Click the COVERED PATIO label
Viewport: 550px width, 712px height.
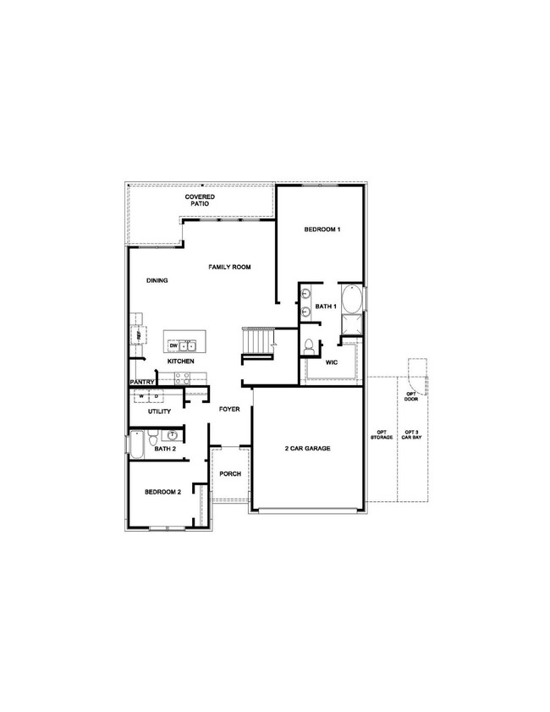click(200, 200)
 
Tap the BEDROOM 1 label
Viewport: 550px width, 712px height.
click(322, 230)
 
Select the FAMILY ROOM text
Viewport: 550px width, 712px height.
click(229, 268)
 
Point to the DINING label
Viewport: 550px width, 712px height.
click(157, 281)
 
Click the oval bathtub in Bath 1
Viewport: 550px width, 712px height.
click(354, 300)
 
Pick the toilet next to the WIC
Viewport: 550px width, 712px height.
click(310, 346)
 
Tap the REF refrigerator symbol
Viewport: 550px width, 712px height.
click(135, 334)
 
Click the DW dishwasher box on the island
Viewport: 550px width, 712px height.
click(173, 345)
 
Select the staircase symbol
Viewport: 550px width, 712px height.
click(258, 342)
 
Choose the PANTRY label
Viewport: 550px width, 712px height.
click(140, 382)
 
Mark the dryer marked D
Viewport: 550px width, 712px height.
click(157, 395)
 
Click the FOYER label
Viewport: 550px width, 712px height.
click(229, 410)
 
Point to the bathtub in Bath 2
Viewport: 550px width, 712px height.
click(136, 444)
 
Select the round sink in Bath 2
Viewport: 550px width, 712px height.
click(172, 435)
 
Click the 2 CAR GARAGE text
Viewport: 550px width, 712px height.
click(307, 448)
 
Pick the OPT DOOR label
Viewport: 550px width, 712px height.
click(412, 395)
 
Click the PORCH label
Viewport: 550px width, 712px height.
click(231, 473)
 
